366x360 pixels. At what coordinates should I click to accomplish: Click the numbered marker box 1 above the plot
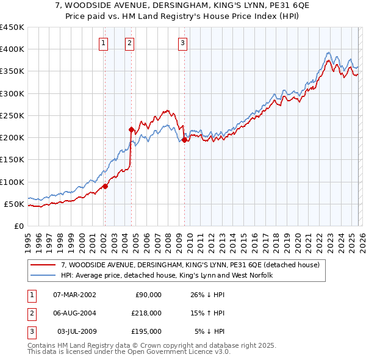[104, 43]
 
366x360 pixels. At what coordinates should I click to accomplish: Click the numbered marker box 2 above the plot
[131, 43]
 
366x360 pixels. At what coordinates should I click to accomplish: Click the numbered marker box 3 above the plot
[183, 43]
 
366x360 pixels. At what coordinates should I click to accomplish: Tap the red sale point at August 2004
[131, 129]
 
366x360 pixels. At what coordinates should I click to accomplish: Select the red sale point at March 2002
[105, 186]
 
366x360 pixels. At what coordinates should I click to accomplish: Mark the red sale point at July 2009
[184, 140]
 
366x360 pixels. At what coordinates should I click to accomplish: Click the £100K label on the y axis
[12, 182]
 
